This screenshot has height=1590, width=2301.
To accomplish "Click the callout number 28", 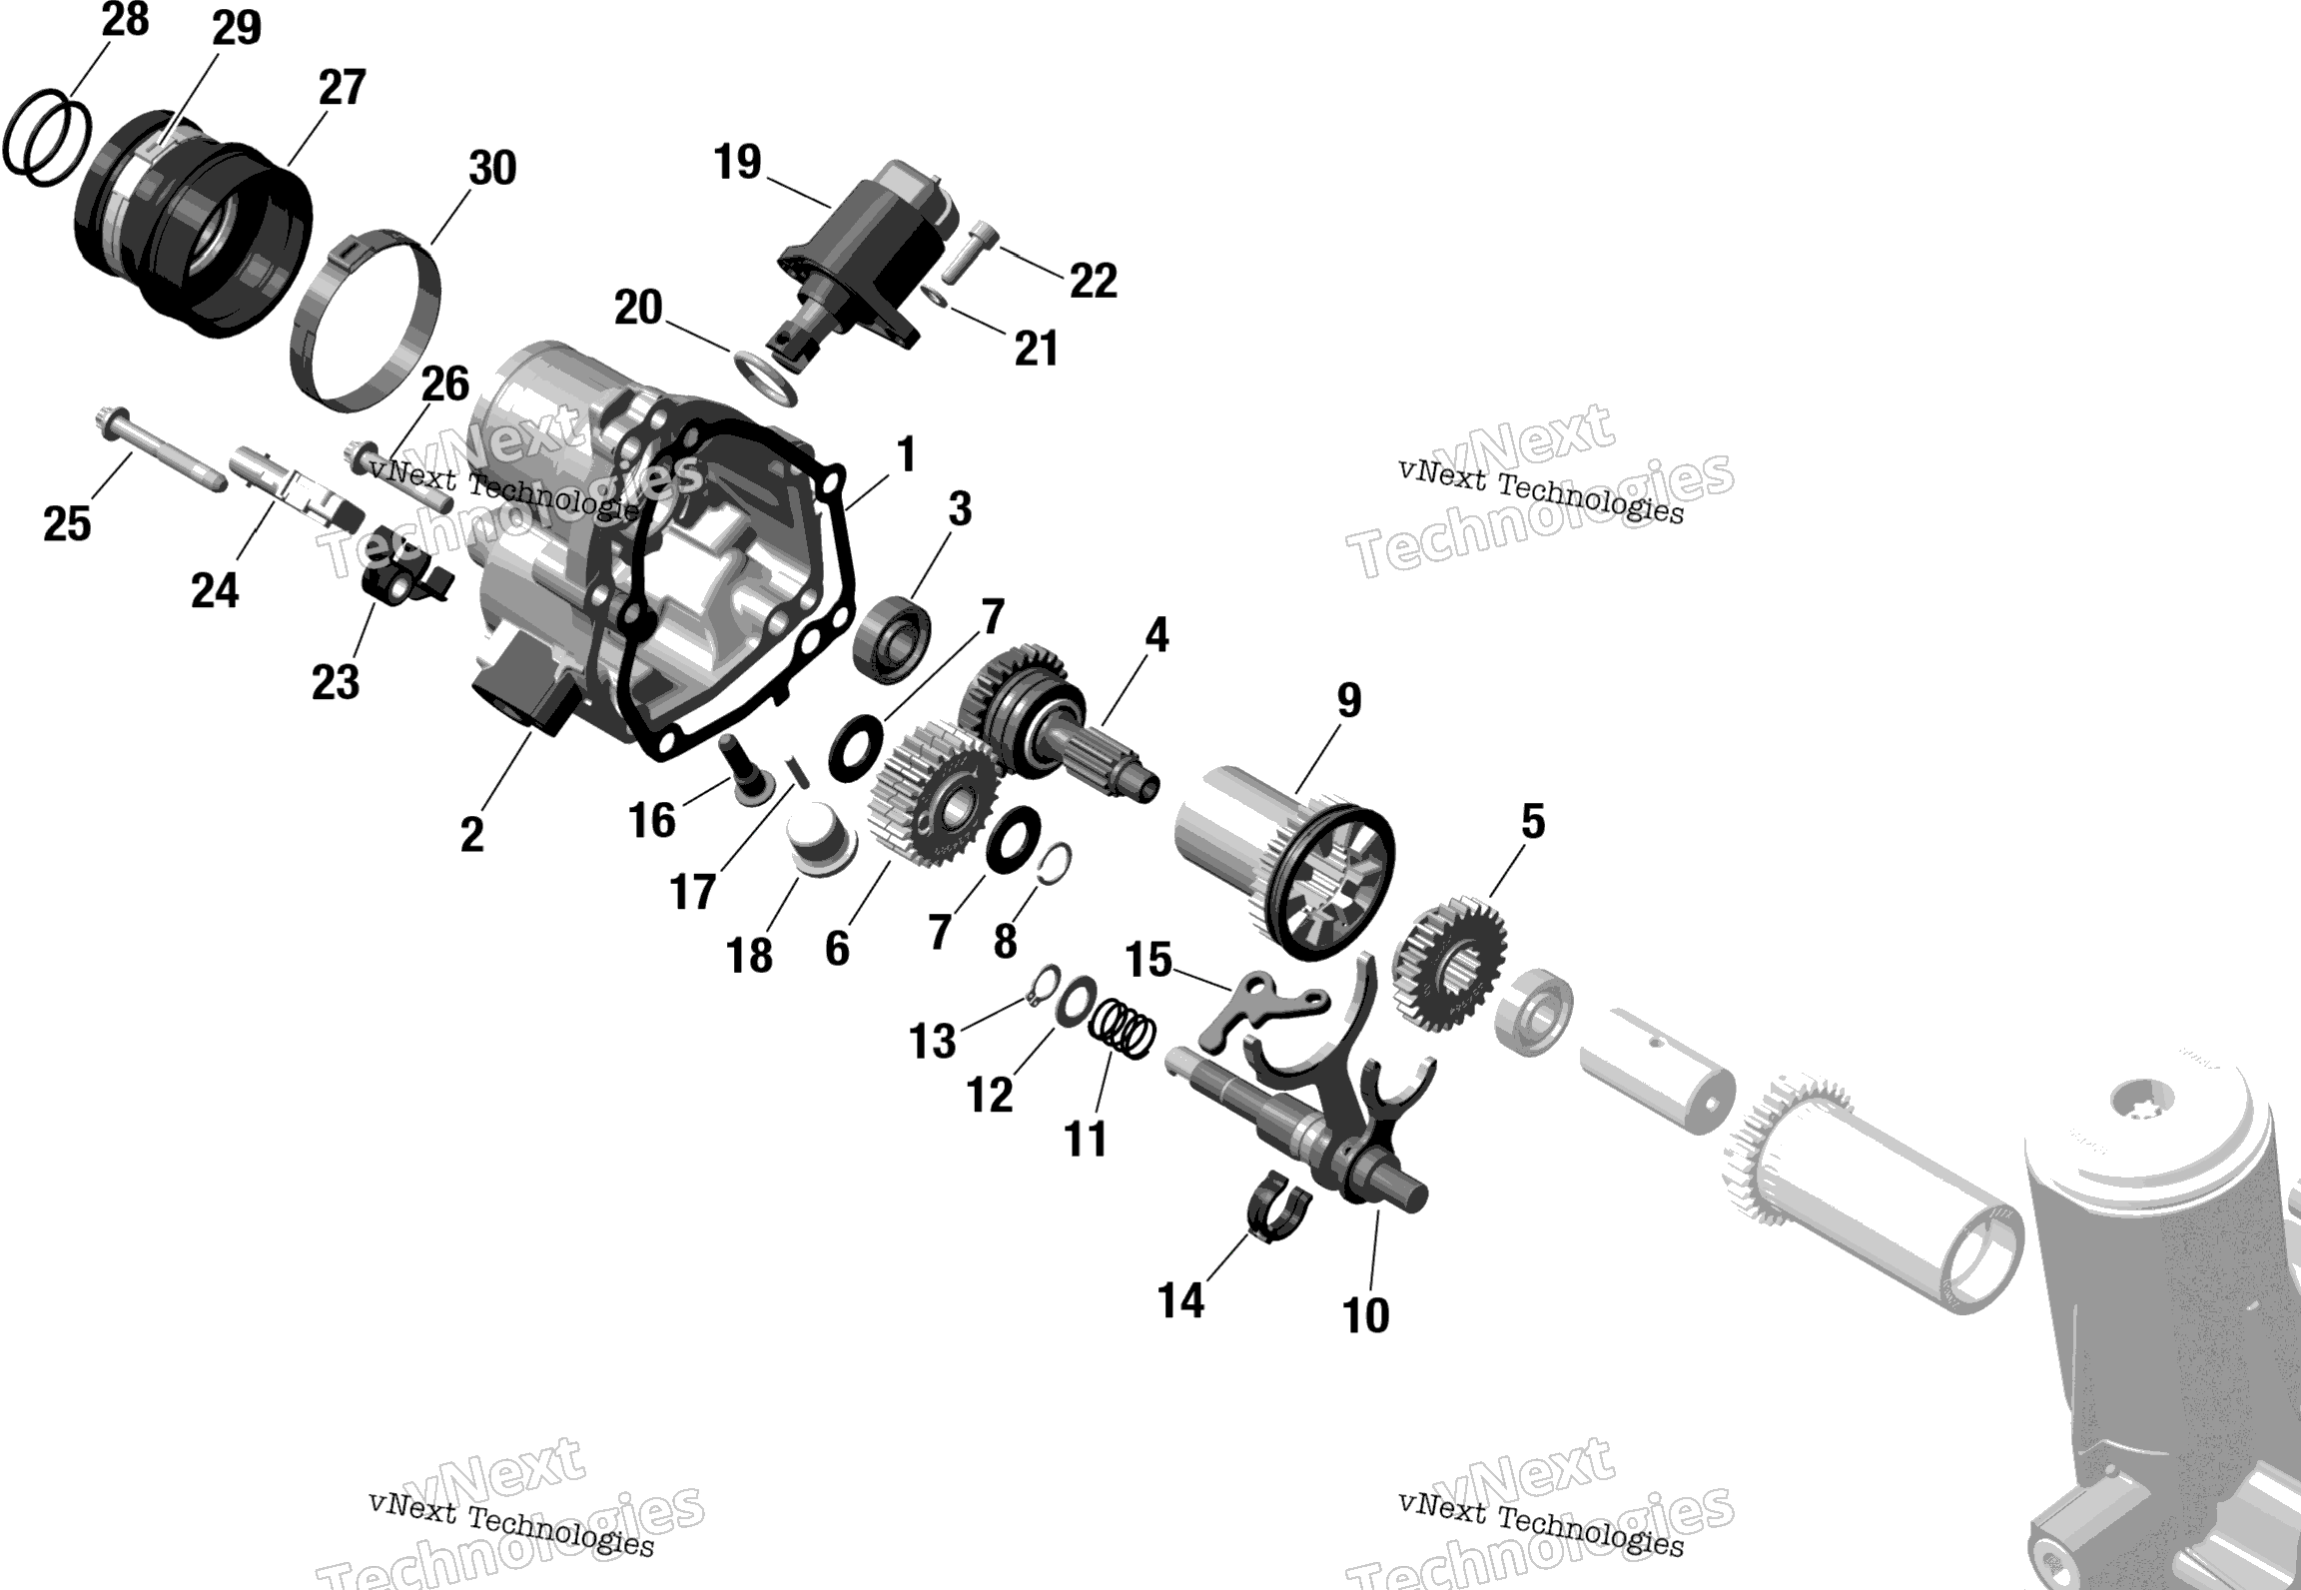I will pos(126,19).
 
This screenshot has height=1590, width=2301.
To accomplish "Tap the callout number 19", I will pos(737,162).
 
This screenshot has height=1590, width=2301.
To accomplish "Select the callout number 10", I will pos(1365,1315).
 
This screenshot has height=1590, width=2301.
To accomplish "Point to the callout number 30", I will pos(491,168).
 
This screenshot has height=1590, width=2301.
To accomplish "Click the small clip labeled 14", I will pos(1279,1206).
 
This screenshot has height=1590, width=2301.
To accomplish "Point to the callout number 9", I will pos(1348,701).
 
